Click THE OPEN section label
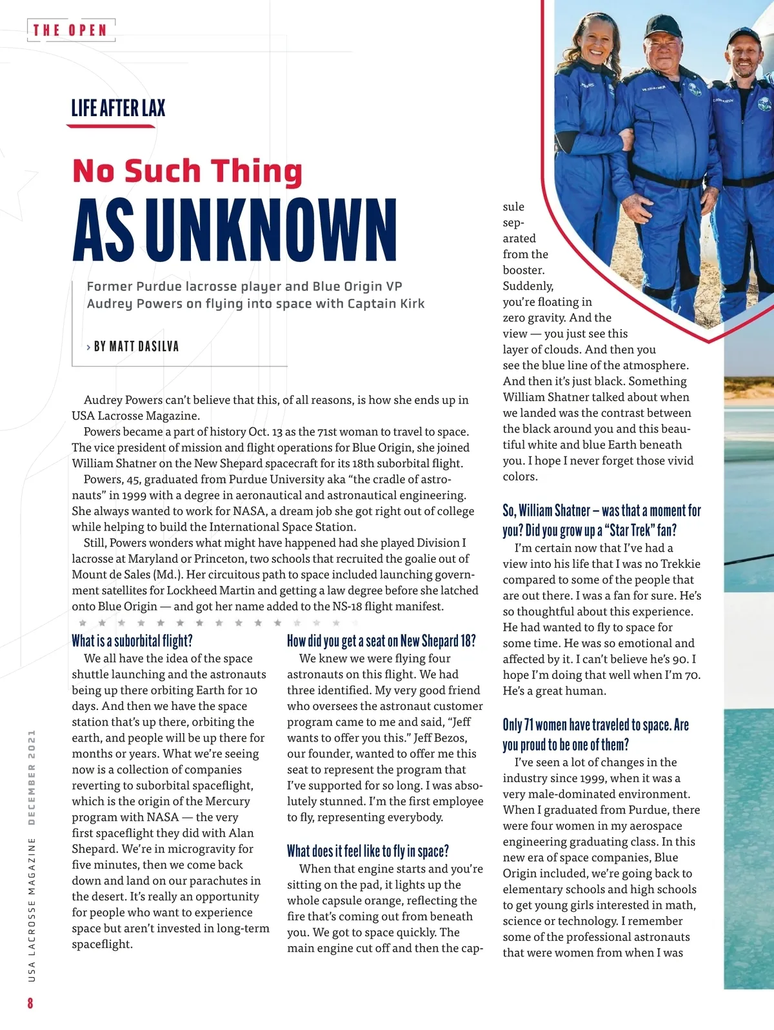(70, 30)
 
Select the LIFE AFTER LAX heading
(118, 108)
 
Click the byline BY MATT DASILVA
(136, 347)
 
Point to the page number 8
(30, 1003)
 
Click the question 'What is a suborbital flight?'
(132, 641)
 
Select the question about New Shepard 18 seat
(381, 641)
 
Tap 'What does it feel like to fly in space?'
(368, 851)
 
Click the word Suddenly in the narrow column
(528, 286)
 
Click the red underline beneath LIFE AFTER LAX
(111, 126)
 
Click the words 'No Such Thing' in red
(187, 171)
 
